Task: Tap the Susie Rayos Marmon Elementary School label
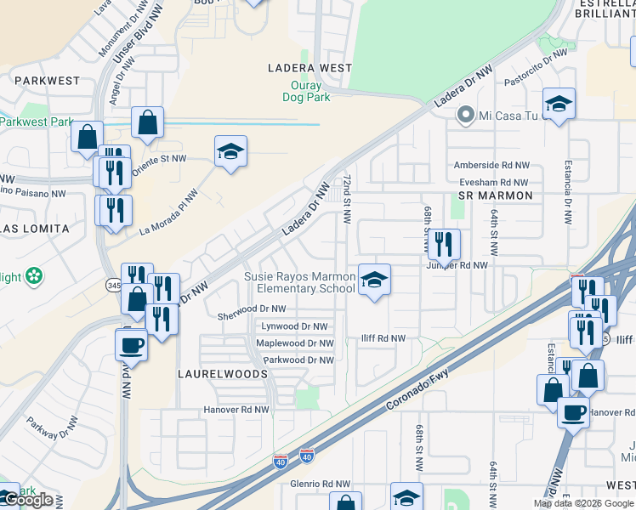[x=299, y=282]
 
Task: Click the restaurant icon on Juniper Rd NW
[x=444, y=246]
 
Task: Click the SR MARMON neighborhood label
[x=495, y=195]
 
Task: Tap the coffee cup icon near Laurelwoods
[x=131, y=345]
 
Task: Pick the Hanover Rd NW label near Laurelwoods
[x=236, y=410]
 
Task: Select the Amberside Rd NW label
[x=491, y=165]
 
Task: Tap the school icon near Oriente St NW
[x=230, y=151]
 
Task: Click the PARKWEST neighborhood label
[x=47, y=81]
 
